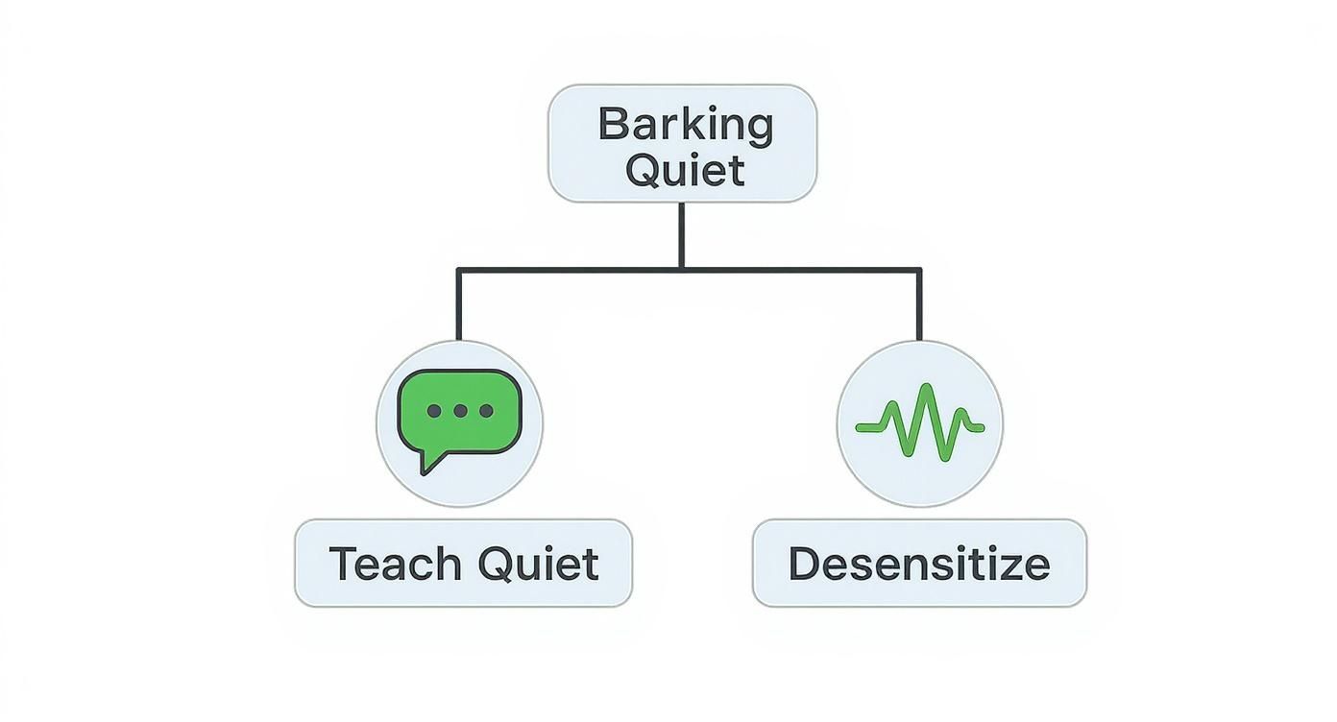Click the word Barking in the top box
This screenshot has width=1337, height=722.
[685, 126]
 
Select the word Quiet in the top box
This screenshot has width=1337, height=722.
[685, 170]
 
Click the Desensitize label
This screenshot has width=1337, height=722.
[919, 564]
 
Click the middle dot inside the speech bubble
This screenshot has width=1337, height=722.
[460, 411]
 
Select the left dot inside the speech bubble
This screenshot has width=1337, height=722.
[434, 411]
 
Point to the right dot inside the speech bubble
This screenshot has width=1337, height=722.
[486, 411]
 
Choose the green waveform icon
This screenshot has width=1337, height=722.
[919, 422]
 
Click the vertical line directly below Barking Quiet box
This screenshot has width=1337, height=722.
[681, 235]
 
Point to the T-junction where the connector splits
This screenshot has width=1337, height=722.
[681, 270]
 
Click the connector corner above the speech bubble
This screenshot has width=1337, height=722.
[459, 271]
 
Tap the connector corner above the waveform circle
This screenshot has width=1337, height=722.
[919, 271]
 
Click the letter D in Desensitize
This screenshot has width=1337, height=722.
[804, 564]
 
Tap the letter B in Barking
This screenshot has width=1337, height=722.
[611, 126]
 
